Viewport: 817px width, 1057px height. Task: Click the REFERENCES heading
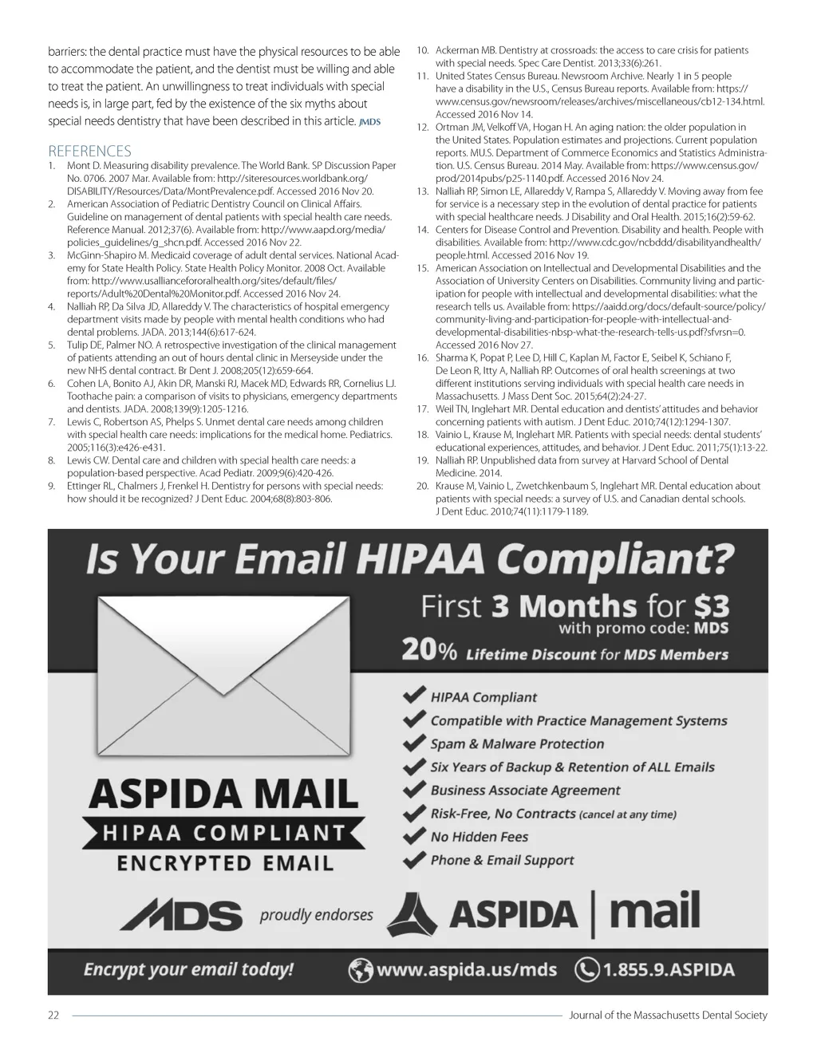89,151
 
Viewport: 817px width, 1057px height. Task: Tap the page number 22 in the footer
54,1016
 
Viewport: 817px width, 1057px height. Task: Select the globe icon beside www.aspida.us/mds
361,970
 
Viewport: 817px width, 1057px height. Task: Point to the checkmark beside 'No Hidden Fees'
414,836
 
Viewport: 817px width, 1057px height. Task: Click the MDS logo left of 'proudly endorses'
181,915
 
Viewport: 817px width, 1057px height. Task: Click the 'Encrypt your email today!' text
189,970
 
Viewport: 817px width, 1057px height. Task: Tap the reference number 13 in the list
423,191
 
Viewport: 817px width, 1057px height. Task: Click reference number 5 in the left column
51,345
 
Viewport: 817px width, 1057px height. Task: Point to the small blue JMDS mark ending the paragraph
370,121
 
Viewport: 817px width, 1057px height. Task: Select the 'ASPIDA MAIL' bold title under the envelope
223,795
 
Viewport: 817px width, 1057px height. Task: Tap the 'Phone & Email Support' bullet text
502,860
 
